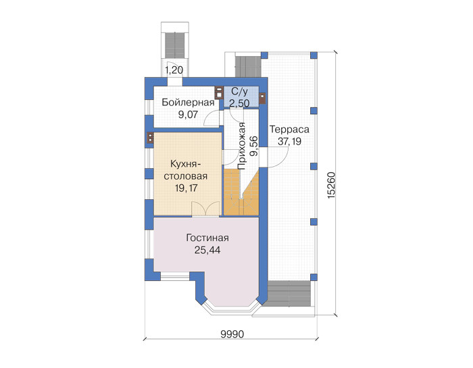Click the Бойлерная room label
pos(188,103)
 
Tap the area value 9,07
pos(188,115)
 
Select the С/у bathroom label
pos(239,92)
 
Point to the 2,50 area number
pos(239,103)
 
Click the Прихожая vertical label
pos(242,147)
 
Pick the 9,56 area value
pos(253,146)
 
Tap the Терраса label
pos(289,129)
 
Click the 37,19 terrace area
pos(289,141)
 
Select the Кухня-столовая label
pos(186,170)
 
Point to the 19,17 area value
pos(186,188)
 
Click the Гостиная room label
pos(207,238)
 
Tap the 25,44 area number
pos(207,250)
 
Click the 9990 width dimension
pos(232,334)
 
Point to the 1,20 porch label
pos(174,70)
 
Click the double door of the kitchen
pos(205,209)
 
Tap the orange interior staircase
pos(241,192)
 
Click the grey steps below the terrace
pos(289,294)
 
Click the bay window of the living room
pos(231,307)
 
